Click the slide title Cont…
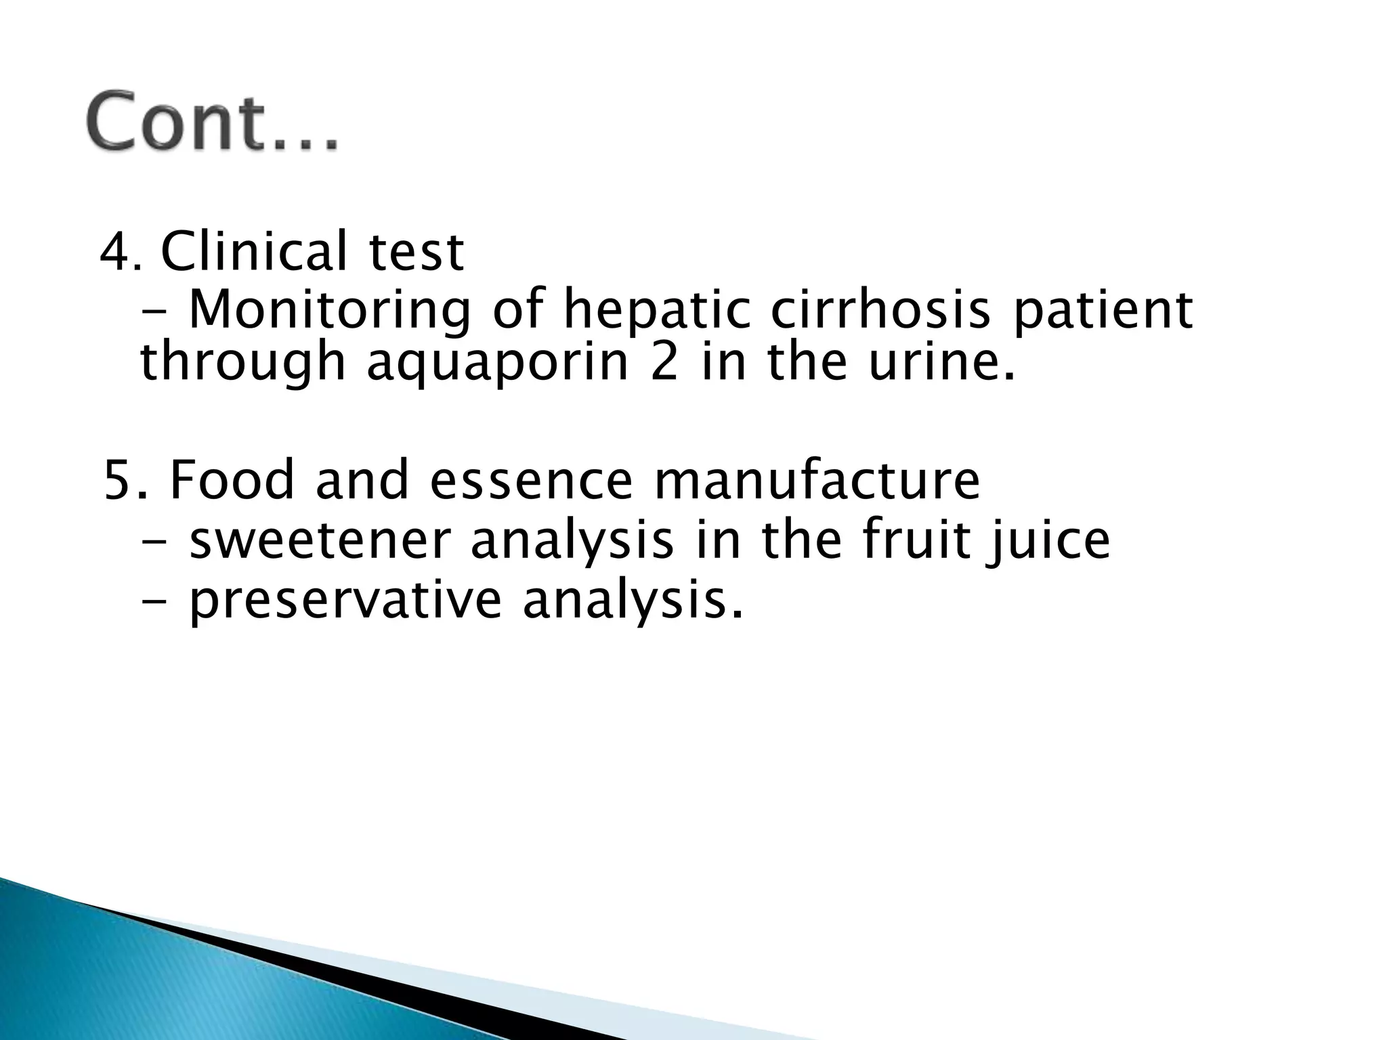(211, 121)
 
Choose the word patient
(1102, 310)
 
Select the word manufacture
(816, 479)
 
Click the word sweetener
(318, 540)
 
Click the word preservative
(345, 601)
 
